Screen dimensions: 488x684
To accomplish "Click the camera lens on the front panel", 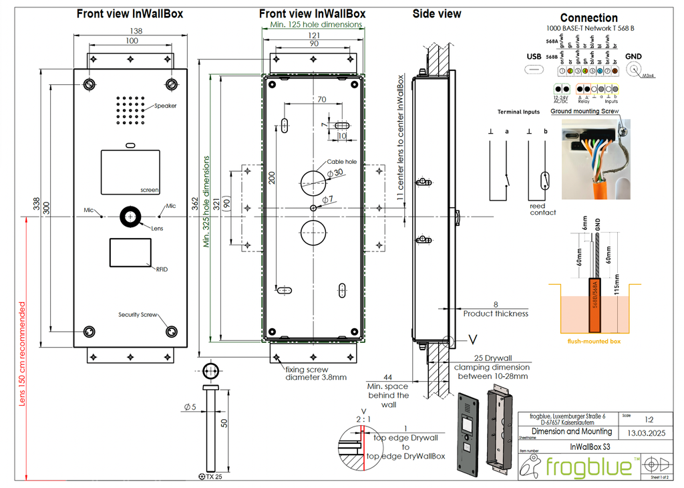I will (130, 217).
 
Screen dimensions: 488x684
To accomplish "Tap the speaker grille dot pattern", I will (130, 110).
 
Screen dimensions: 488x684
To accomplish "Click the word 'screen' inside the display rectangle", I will (150, 190).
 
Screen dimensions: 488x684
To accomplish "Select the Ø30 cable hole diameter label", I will (335, 172).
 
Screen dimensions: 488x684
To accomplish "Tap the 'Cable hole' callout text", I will (341, 162).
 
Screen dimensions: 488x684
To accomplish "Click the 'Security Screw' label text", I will (138, 315).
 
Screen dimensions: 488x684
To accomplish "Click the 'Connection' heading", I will (588, 18).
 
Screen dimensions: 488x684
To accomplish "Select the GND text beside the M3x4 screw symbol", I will (634, 57).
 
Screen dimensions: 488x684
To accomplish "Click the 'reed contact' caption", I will (543, 209).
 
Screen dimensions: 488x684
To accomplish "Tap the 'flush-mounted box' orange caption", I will (594, 340).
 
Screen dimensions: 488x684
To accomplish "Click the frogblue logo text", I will (588, 467).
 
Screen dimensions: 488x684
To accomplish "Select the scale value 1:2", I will (649, 420).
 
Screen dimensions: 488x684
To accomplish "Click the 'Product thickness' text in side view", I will (496, 314).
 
